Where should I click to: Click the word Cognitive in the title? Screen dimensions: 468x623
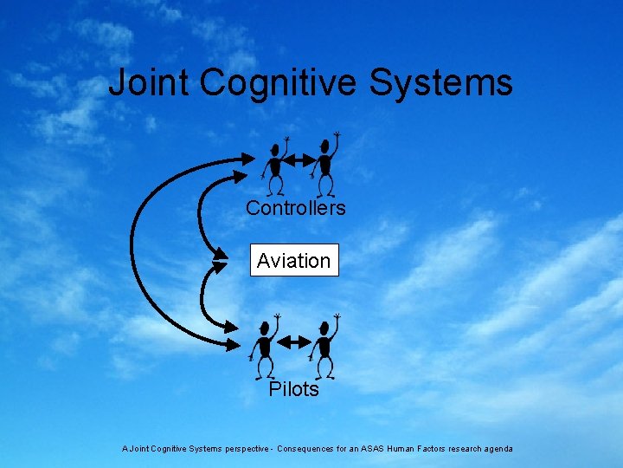point(279,84)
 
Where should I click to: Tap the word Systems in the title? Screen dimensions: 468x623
point(441,83)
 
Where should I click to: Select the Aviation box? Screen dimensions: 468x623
point(294,260)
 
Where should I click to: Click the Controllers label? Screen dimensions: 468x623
point(295,208)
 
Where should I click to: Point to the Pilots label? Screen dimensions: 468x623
point(293,389)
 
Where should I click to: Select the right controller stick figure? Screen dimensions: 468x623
point(325,165)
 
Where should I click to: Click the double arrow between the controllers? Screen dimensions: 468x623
point(300,161)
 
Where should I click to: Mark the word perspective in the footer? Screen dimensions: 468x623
point(241,449)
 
